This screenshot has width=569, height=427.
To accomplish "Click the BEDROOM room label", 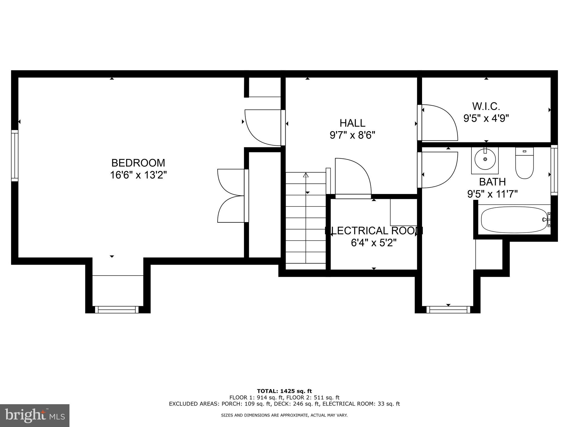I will (138, 163).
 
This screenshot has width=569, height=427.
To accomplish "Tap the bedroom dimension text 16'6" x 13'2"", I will (138, 175).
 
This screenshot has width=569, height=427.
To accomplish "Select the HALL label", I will (352, 123).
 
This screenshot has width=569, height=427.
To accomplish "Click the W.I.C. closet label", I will (486, 106).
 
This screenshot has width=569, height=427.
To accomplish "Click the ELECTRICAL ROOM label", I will (374, 231).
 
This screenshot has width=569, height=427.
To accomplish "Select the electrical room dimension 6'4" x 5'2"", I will (374, 243).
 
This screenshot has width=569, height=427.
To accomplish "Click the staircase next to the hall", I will (306, 222).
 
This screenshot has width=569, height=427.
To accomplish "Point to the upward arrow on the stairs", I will (306, 175).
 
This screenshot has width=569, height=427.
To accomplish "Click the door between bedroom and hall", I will (263, 127).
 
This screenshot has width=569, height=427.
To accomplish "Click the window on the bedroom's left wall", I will (15, 156).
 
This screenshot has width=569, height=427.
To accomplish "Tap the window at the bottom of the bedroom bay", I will (117, 309).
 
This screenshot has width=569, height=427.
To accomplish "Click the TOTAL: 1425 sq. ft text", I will (284, 391).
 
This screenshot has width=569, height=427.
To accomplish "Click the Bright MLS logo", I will (35, 415).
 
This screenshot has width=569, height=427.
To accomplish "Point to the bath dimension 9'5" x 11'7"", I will (492, 194).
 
